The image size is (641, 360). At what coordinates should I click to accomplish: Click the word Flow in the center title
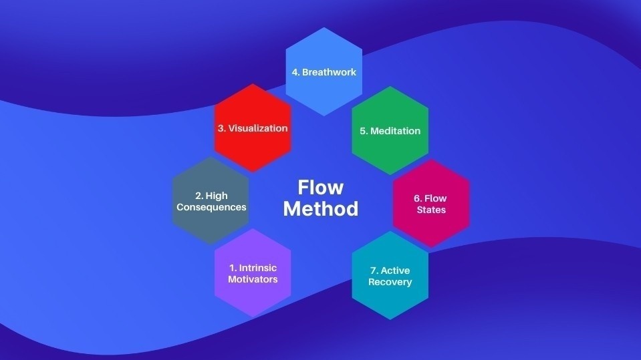tap(320, 186)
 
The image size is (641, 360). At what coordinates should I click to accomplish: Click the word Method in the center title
tap(320, 208)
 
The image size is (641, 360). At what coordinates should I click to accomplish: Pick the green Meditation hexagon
tap(390, 150)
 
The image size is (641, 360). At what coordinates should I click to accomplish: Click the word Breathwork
tap(329, 72)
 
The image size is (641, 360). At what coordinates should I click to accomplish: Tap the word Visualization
tap(258, 128)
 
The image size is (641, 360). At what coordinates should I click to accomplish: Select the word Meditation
tap(395, 131)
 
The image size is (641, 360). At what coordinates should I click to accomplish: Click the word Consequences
tap(211, 207)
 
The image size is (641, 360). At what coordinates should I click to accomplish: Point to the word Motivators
tap(253, 279)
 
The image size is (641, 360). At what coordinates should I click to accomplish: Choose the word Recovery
tap(390, 282)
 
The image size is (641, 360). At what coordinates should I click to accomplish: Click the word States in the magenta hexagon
tap(430, 210)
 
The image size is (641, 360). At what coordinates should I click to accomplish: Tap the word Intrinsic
tap(257, 268)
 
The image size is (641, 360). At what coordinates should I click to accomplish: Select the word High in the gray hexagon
tap(217, 196)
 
